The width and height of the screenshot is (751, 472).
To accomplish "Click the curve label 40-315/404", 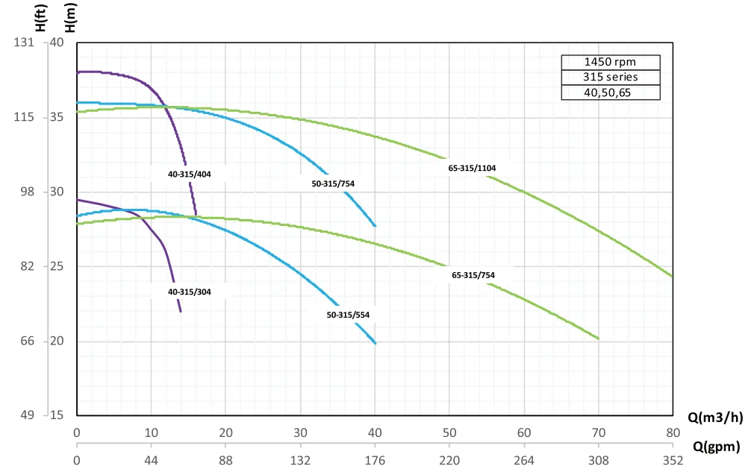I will [190, 174].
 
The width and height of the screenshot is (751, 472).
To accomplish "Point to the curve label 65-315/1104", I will [472, 169].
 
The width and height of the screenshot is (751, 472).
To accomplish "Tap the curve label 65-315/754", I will [473, 275].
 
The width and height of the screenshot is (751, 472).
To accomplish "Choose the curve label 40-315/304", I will [190, 292].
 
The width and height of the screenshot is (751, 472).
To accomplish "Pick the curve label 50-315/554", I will [348, 315].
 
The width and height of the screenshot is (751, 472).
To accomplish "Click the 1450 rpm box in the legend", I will [611, 63].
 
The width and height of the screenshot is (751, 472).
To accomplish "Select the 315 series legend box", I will [611, 78].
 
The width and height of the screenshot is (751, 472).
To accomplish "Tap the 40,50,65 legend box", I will [611, 92].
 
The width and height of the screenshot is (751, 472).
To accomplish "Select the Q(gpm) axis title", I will [717, 447].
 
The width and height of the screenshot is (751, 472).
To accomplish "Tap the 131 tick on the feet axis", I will [25, 43].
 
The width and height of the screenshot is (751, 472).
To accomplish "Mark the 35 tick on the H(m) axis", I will [57, 118].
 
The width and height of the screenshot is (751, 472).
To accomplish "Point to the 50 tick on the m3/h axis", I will [449, 432].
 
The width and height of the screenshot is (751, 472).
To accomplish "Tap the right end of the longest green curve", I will [673, 277].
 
